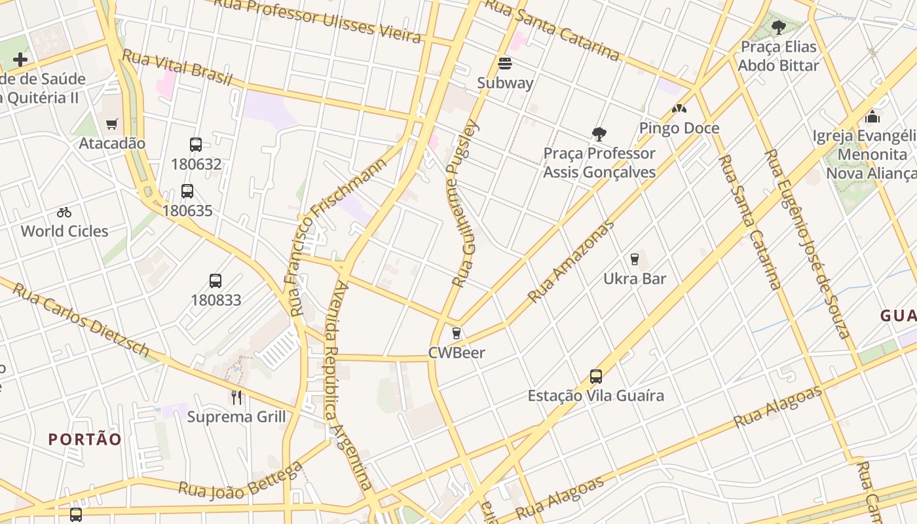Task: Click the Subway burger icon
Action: (504, 64)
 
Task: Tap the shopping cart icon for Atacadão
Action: (112, 124)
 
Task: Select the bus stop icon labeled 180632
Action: (196, 145)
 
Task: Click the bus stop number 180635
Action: (187, 211)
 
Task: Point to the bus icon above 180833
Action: (215, 281)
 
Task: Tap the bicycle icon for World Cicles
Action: (64, 212)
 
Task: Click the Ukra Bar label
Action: (634, 278)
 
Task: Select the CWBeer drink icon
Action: (457, 333)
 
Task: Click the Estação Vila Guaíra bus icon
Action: (595, 377)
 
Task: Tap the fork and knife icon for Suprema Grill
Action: (236, 397)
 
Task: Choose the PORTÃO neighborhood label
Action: (85, 439)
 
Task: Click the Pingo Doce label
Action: (679, 128)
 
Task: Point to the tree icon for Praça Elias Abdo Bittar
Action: (778, 28)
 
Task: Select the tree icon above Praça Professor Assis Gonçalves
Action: (599, 134)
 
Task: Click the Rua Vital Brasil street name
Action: (177, 67)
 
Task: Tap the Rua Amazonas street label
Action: (571, 261)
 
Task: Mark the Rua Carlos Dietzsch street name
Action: (80, 320)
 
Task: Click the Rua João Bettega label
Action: (241, 481)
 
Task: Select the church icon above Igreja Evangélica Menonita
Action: (872, 117)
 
